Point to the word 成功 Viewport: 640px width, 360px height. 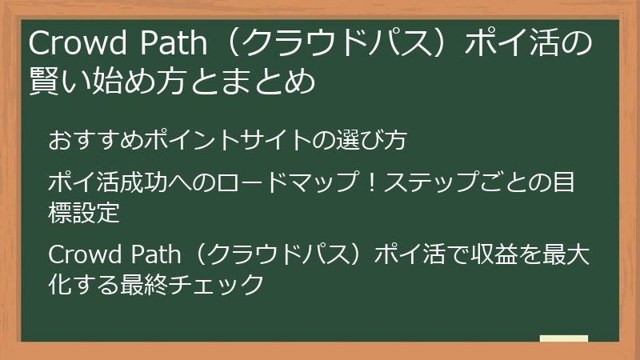point(143,183)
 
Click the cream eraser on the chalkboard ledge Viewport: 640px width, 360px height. point(563,339)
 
